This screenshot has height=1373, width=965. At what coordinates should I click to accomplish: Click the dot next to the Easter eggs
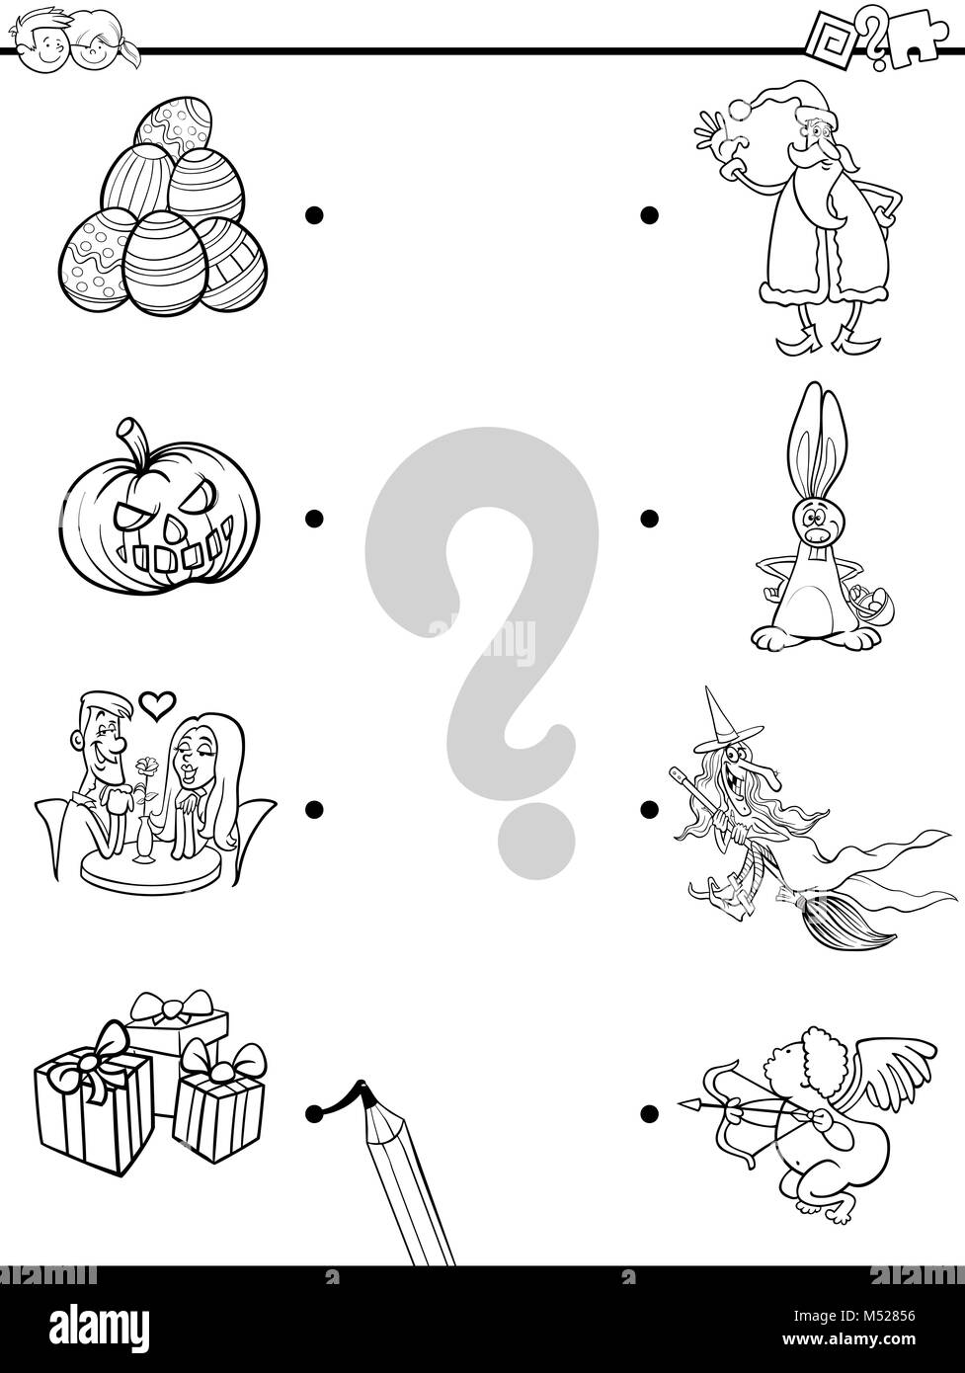tap(314, 213)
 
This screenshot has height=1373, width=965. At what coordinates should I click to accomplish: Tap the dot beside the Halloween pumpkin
tap(314, 517)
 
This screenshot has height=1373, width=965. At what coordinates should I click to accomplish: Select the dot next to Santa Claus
tap(648, 213)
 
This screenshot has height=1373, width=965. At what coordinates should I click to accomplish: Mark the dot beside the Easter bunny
tap(648, 517)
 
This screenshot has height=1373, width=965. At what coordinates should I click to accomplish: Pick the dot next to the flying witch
tap(648, 809)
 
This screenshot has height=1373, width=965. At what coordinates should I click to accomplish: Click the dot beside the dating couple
tap(314, 809)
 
